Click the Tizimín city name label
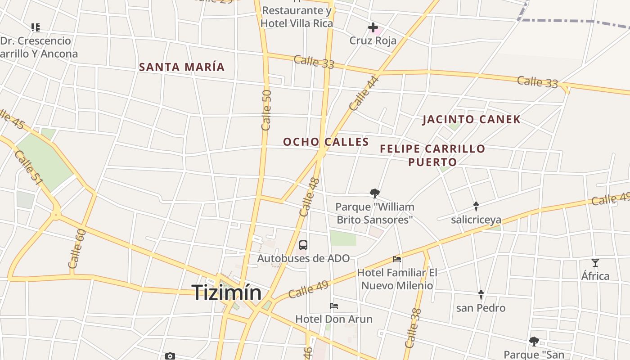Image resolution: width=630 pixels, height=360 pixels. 227,293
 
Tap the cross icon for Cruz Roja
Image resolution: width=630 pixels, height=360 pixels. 373,28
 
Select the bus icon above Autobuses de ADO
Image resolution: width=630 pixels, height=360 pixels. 303,245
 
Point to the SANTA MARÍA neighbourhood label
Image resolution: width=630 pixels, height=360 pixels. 182,67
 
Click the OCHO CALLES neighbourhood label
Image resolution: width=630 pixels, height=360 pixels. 326,142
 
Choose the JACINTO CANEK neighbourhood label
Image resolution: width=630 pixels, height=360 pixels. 472,120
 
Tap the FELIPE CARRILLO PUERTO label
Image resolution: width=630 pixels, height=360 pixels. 432,155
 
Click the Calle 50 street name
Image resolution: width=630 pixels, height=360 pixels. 266,110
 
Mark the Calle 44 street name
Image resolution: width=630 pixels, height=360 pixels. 364,94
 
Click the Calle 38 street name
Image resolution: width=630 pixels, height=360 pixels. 413,328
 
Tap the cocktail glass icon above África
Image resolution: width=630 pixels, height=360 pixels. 595,263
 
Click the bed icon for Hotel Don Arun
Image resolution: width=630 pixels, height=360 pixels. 334,306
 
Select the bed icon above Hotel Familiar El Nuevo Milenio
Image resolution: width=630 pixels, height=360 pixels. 397,259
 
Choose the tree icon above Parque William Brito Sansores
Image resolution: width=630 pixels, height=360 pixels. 374,193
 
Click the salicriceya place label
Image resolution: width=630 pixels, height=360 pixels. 476,220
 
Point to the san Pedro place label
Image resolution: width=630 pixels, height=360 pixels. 481,308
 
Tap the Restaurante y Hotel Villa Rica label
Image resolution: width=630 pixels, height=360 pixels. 297,17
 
